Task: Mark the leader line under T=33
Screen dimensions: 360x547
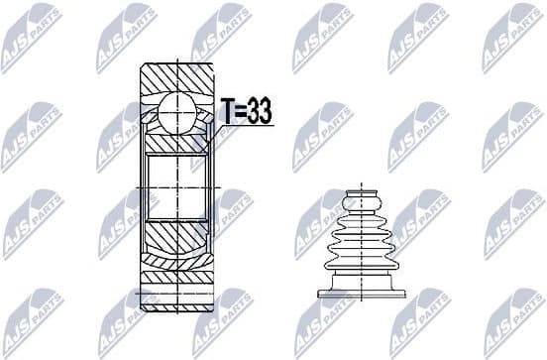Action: tap(238, 126)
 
